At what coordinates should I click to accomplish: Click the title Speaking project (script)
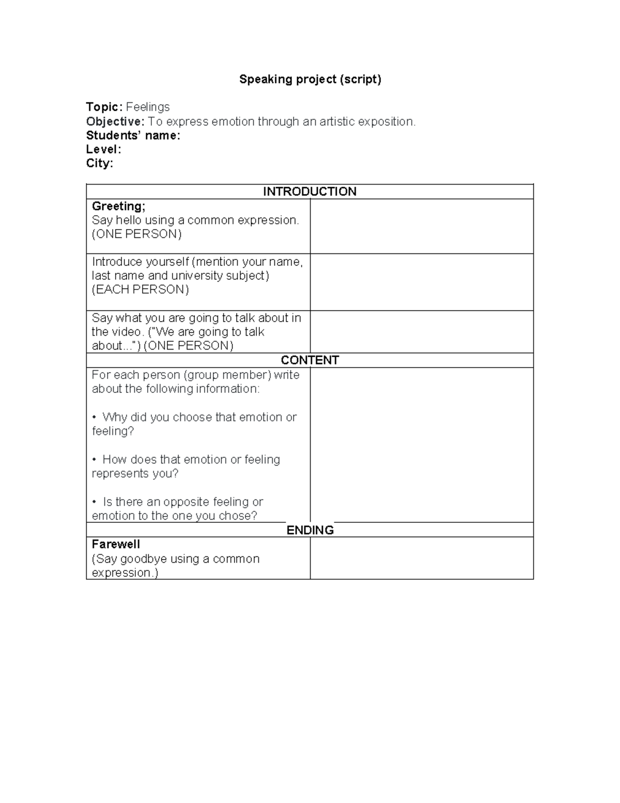[310, 79]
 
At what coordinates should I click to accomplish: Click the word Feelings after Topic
[148, 107]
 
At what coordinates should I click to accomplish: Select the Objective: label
[115, 122]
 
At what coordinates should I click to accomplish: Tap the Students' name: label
[133, 135]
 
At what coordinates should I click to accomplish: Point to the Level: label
[103, 149]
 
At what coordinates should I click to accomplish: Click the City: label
[99, 163]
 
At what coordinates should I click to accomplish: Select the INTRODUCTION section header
[309, 191]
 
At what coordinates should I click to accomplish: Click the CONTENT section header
[309, 360]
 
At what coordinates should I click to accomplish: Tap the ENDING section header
[309, 530]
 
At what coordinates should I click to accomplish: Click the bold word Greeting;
[118, 206]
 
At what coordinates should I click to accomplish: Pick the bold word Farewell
[116, 544]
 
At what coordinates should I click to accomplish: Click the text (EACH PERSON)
[140, 290]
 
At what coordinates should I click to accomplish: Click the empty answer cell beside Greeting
[421, 226]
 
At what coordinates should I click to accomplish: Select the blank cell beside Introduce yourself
[421, 282]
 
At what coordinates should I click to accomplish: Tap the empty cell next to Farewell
[421, 558]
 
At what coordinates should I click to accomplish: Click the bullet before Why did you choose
[95, 417]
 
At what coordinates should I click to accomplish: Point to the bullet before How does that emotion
[95, 460]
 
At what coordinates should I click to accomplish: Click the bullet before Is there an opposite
[95, 502]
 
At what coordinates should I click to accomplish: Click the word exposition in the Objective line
[385, 122]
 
